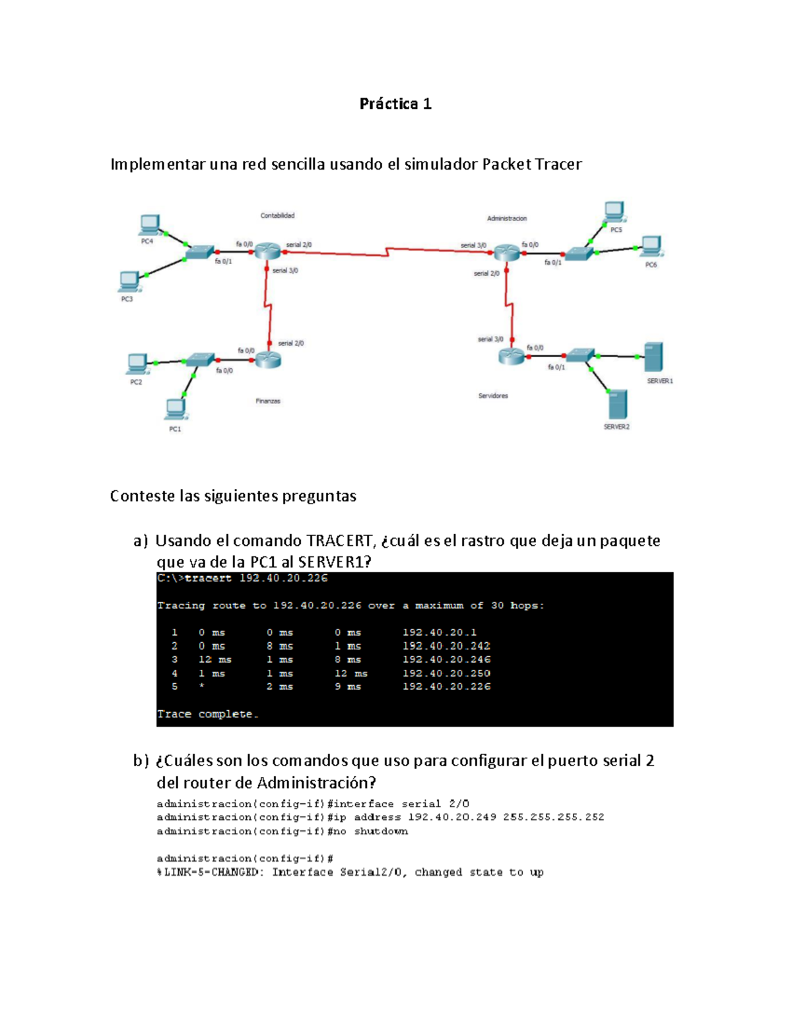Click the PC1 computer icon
point(176,409)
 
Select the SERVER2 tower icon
point(618,404)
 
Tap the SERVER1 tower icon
point(653,357)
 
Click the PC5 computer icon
point(615,212)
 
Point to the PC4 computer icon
point(150,225)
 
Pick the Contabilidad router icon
point(268,250)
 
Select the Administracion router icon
point(507,252)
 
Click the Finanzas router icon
point(268,360)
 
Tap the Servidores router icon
point(511,356)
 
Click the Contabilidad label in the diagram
point(277,216)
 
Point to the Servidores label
point(493,396)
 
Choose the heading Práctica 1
point(395,104)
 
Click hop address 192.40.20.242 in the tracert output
point(446,645)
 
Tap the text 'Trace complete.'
point(208,714)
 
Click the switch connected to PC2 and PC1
point(200,360)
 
